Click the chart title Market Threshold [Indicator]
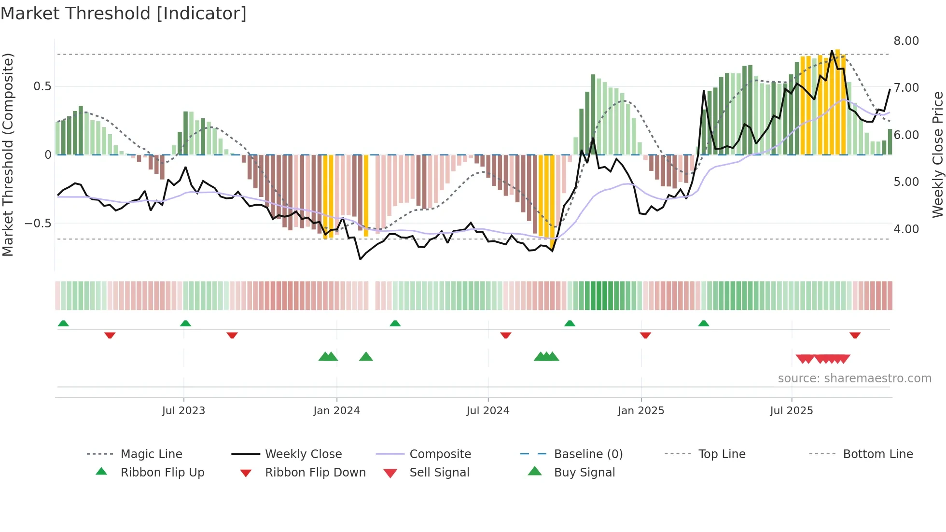coord(124,14)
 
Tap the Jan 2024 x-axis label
coord(336,411)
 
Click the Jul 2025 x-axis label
coord(791,411)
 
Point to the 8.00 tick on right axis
coord(906,41)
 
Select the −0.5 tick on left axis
coord(38,224)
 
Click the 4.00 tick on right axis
coord(906,229)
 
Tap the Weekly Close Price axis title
coord(937,154)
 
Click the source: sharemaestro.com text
coord(854,378)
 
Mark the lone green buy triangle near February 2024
coord(366,357)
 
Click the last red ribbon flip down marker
coord(855,335)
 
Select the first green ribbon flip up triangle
coord(63,323)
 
